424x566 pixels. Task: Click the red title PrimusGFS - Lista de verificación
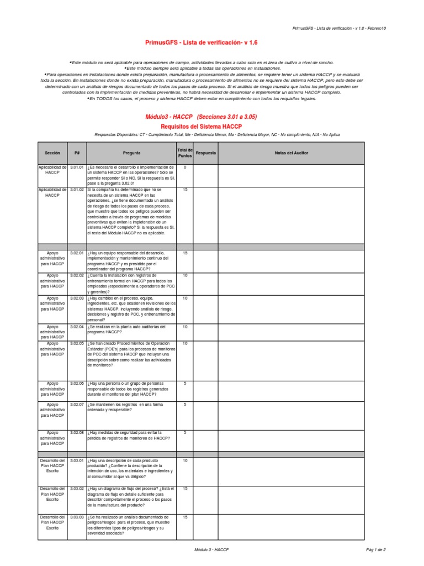(201, 42)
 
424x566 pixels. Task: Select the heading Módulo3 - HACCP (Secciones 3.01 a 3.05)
(201, 117)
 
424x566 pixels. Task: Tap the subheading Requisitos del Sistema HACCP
(201, 127)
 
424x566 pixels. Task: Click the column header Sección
(52, 153)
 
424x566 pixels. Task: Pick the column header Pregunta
(131, 153)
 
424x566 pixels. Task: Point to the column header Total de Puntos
(185, 153)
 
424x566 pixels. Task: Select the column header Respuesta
(206, 153)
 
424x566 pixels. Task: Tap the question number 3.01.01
(77, 167)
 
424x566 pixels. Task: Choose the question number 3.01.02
(77, 190)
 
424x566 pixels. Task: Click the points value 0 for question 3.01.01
(185, 167)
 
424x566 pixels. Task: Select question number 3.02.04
(77, 327)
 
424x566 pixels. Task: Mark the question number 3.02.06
(77, 383)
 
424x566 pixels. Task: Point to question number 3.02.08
(77, 432)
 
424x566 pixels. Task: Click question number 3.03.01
(77, 460)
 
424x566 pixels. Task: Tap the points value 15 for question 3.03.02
(185, 489)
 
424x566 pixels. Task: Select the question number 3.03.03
(77, 517)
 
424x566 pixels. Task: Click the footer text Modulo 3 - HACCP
(211, 550)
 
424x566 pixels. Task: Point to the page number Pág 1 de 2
(375, 550)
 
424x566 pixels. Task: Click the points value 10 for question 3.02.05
(185, 343)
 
